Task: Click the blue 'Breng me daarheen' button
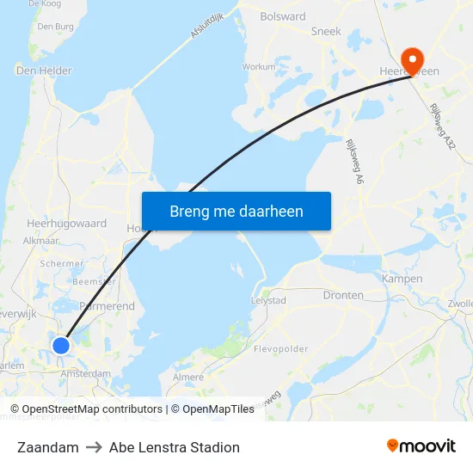click(236, 211)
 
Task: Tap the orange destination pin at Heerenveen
click(413, 60)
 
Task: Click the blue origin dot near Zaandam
click(61, 345)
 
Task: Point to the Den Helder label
click(44, 71)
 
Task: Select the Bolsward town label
click(283, 16)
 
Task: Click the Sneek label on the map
click(326, 31)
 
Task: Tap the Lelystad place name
click(267, 301)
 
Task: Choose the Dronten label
click(343, 295)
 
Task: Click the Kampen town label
click(402, 279)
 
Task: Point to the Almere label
click(189, 377)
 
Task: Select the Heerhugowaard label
click(66, 223)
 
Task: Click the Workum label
click(259, 66)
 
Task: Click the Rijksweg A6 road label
click(353, 163)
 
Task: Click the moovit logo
click(421, 446)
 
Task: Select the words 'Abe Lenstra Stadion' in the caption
click(175, 447)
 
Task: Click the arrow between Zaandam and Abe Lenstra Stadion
click(94, 447)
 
